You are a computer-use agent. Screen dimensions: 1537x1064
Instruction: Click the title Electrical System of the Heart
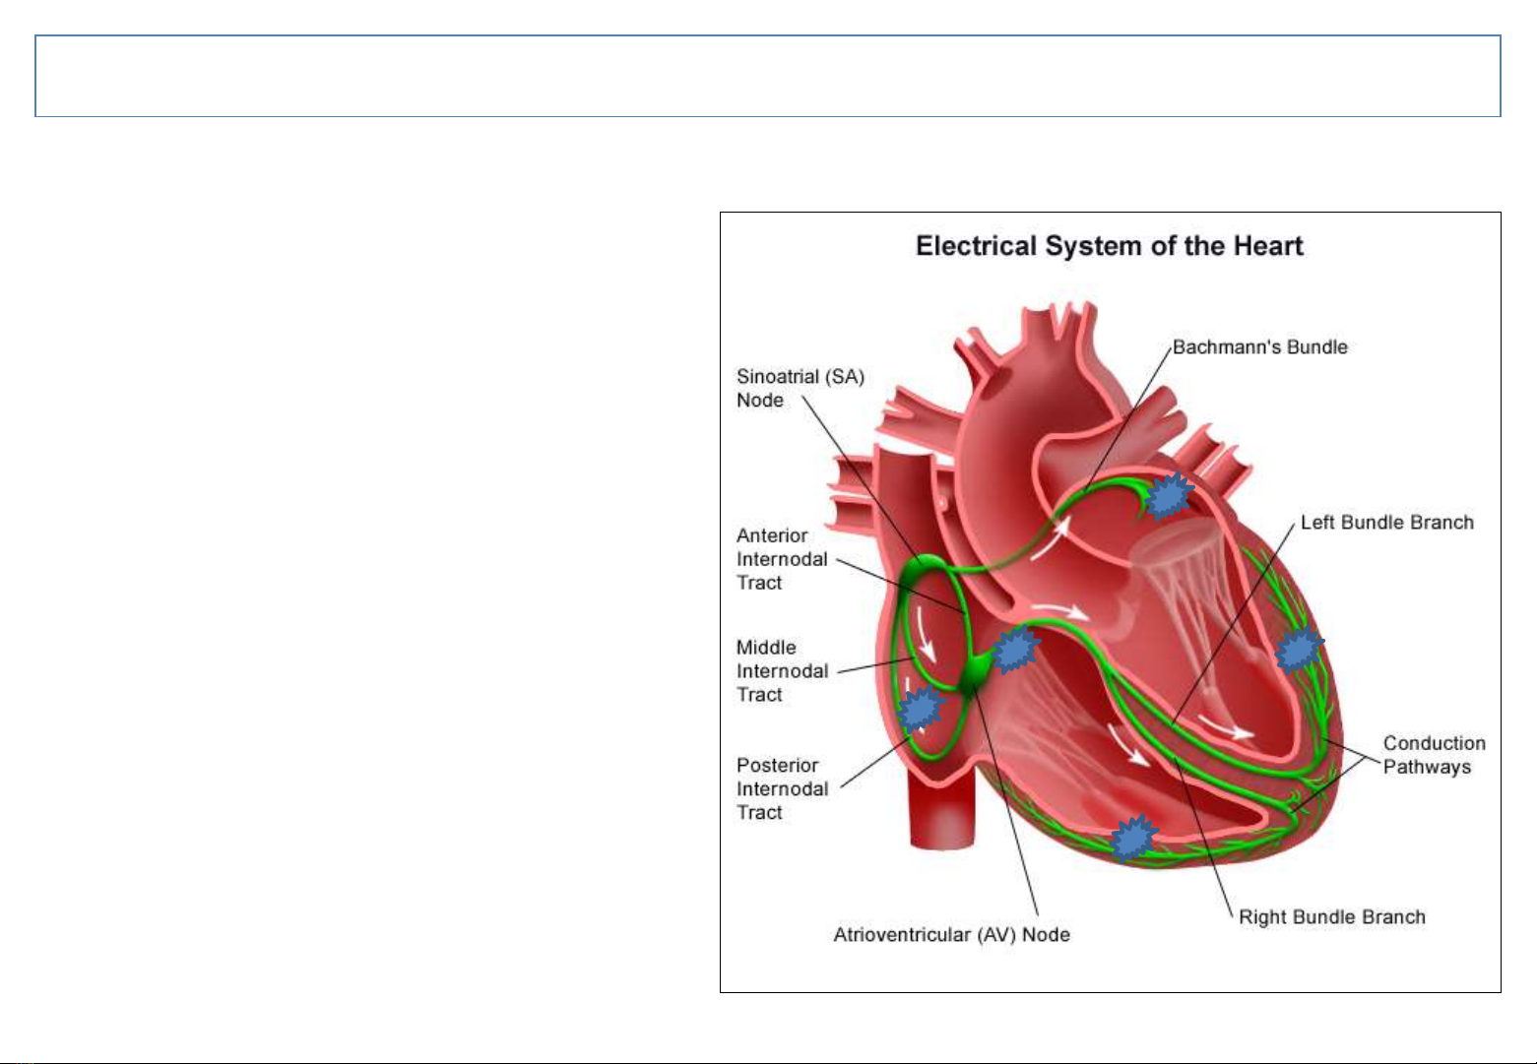[x=1109, y=246]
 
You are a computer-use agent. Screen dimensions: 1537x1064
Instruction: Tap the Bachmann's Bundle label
[x=1259, y=347]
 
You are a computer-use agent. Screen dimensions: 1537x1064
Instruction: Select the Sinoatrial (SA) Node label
[x=801, y=388]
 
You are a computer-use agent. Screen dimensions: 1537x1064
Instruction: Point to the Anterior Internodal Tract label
[x=782, y=559]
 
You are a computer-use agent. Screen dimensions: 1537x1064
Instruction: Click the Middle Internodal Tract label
[x=782, y=671]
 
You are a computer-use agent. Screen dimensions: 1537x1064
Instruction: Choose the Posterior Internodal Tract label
[x=782, y=789]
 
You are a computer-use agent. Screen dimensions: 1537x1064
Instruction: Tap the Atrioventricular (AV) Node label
[x=952, y=935]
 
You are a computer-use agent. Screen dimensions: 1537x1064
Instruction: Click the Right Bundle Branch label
[x=1332, y=917]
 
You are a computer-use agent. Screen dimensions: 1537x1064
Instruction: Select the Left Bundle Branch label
[x=1386, y=523]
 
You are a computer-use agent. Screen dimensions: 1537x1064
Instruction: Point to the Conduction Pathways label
[x=1434, y=755]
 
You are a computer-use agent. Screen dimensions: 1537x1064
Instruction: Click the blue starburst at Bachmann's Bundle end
[x=1169, y=495]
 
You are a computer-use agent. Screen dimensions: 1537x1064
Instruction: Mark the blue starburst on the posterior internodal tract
[x=922, y=708]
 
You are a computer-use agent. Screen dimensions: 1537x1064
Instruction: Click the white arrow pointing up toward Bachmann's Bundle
[x=1050, y=539]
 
